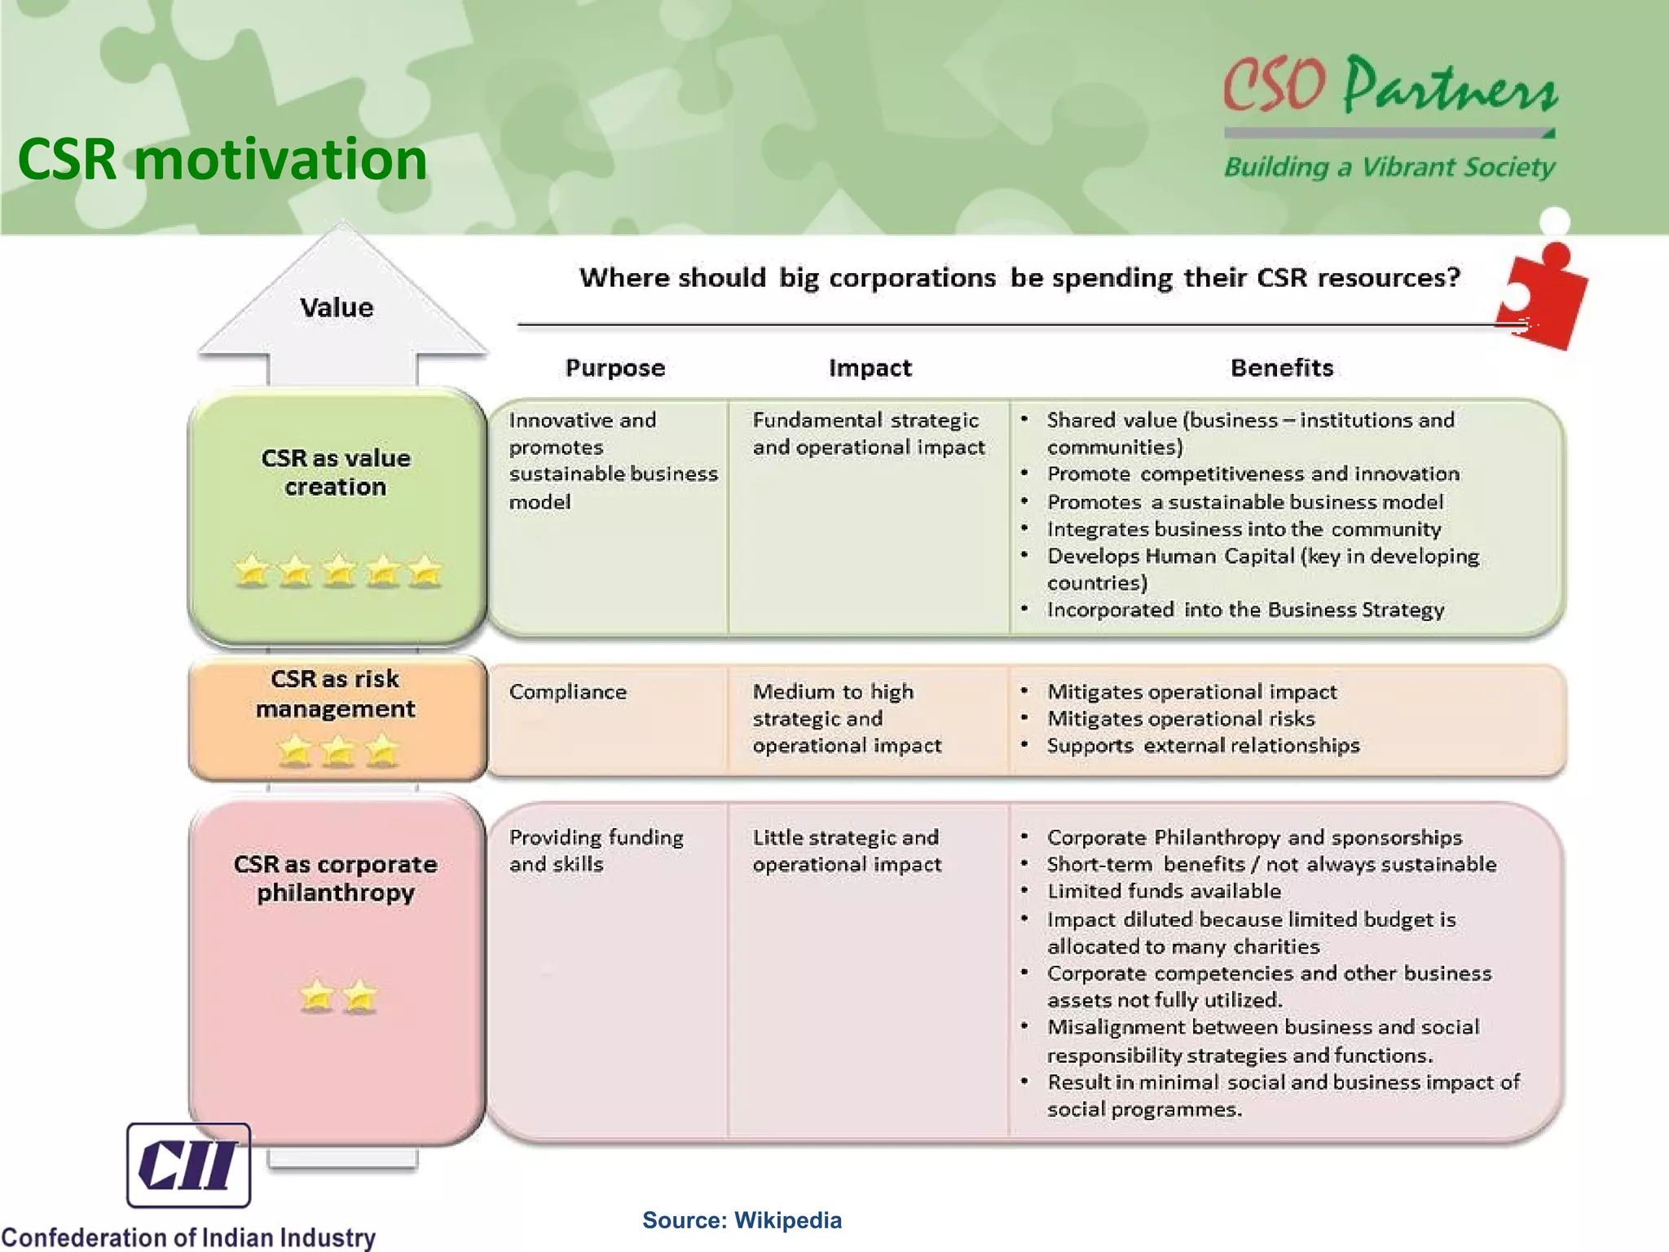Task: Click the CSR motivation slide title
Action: tap(222, 159)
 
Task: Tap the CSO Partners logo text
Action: tap(1389, 86)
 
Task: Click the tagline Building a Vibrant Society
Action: tap(1389, 167)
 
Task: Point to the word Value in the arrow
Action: tap(337, 307)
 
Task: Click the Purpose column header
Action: tap(615, 368)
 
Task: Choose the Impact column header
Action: tap(870, 368)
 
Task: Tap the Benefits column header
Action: tap(1282, 368)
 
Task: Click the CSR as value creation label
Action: tap(336, 472)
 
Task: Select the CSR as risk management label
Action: tap(336, 694)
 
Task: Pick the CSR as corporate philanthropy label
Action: tap(336, 878)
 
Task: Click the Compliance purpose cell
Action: tap(568, 692)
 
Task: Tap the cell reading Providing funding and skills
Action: tap(596, 850)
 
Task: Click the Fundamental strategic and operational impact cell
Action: tap(868, 433)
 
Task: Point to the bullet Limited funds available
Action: tap(1164, 891)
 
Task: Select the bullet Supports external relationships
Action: tap(1203, 745)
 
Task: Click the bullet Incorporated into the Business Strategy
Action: tap(1245, 610)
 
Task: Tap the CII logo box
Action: tap(188, 1165)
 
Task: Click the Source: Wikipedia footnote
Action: tap(742, 1220)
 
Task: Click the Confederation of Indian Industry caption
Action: tap(188, 1237)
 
